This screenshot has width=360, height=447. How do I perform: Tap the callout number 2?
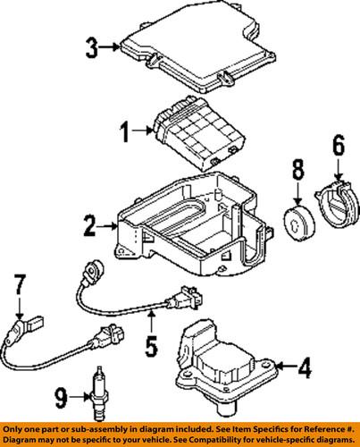point(88,227)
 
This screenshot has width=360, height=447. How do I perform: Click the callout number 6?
point(338,144)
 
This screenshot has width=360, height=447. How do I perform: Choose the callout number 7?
point(15,287)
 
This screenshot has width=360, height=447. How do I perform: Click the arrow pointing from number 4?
point(285,365)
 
